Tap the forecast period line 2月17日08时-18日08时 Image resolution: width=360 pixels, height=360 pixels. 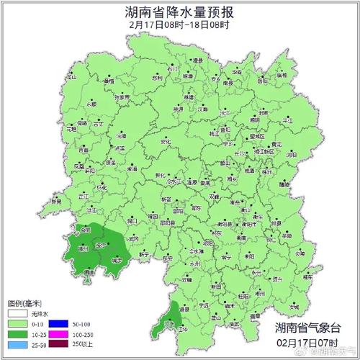pos(179,25)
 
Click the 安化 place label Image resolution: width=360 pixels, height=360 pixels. pos(166,143)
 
